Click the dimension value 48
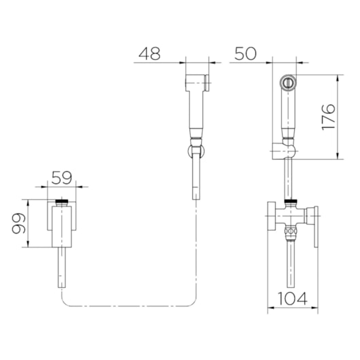pyautogui.click(x=149, y=54)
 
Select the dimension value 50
pyautogui.click(x=245, y=54)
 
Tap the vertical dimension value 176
pyautogui.click(x=328, y=118)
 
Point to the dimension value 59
pyautogui.click(x=62, y=178)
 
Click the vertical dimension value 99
pyautogui.click(x=18, y=223)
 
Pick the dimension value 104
pyautogui.click(x=292, y=298)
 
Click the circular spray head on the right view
pyautogui.click(x=288, y=83)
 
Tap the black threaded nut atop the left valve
pyautogui.click(x=62, y=202)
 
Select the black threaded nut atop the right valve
pyautogui.click(x=291, y=202)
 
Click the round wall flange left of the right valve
pyautogui.click(x=272, y=215)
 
